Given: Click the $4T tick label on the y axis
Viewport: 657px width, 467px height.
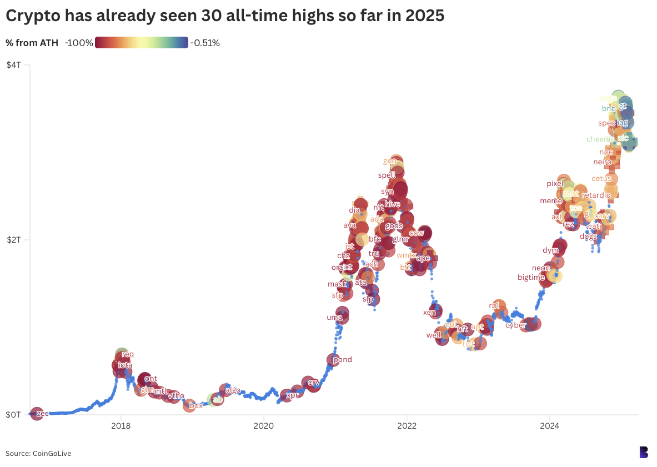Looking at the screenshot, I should (x=13, y=65).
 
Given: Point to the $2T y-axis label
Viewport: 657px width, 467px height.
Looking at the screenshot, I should (x=13, y=240).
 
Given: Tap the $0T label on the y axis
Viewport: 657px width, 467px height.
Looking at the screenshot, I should (x=13, y=415).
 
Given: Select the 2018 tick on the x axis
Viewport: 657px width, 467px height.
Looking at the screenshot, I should (x=121, y=426).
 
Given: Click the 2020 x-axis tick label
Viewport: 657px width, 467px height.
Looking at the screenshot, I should (x=263, y=426).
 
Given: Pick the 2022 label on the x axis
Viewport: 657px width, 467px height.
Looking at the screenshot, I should (x=407, y=426).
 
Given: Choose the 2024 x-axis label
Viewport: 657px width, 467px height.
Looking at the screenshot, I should (x=549, y=426).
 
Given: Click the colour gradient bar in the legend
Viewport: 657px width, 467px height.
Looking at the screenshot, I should (x=142, y=43).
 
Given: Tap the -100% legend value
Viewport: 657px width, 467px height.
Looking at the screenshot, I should (x=79, y=43).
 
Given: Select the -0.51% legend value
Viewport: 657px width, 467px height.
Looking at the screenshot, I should (x=205, y=43).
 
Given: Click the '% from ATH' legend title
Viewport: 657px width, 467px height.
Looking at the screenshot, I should (x=32, y=43).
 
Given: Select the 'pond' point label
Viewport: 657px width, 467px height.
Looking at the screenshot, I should (x=342, y=359).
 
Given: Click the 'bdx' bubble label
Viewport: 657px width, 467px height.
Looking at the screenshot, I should (x=196, y=405).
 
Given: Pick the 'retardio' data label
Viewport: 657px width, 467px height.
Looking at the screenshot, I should (x=596, y=195).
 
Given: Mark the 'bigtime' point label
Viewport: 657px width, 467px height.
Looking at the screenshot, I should (x=531, y=277).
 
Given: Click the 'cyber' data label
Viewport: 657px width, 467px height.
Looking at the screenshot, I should (x=515, y=325).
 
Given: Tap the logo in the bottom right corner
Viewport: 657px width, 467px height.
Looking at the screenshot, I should (x=644, y=452).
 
